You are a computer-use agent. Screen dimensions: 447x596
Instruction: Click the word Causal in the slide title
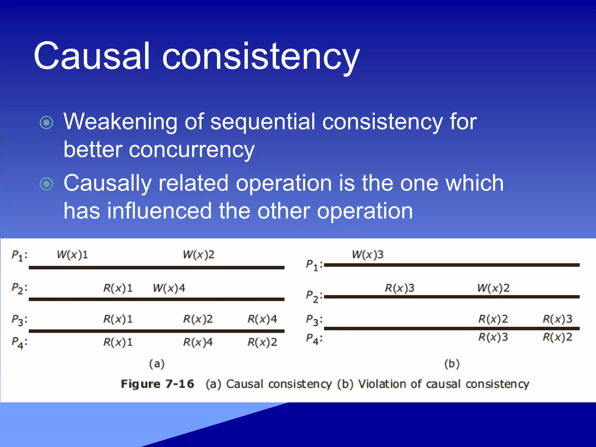point(92,56)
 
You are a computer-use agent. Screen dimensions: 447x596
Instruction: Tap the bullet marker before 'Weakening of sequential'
point(47,123)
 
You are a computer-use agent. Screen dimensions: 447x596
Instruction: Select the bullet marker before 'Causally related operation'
point(47,184)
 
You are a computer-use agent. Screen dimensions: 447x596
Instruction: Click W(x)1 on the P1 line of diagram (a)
point(72,255)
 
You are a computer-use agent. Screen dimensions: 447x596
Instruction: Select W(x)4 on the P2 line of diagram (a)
point(169,288)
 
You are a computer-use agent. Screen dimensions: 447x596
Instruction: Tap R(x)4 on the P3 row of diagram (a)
point(262,319)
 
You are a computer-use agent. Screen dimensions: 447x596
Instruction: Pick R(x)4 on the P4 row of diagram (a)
point(198,342)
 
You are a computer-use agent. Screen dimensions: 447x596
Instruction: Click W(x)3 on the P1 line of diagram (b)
point(368,255)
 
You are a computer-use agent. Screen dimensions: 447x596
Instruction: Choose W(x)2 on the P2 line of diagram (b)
point(494,288)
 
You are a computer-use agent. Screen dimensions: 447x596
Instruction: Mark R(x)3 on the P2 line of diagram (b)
point(400,288)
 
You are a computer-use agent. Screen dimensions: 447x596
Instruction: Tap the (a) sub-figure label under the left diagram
point(157,364)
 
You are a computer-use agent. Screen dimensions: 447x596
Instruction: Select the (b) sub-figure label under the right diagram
point(452,364)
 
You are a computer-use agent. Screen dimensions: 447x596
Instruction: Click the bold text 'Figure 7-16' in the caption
point(157,384)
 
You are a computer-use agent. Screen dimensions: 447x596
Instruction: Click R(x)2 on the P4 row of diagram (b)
point(558,337)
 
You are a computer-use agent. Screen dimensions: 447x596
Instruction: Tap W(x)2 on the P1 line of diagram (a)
point(199,255)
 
